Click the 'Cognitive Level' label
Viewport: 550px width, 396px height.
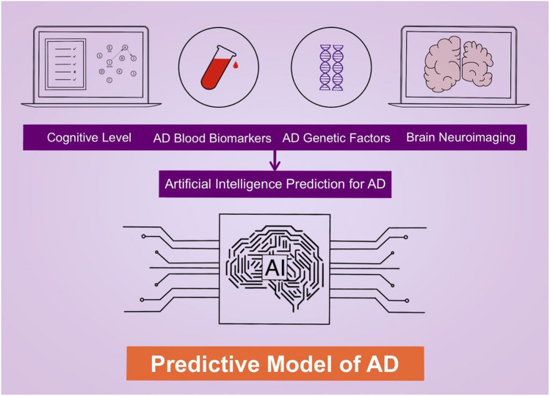pos(88,138)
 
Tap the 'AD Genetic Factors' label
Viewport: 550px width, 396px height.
pos(336,138)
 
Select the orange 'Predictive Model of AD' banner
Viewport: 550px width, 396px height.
pos(274,364)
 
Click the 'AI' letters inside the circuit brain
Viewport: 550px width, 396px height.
pos(274,269)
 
